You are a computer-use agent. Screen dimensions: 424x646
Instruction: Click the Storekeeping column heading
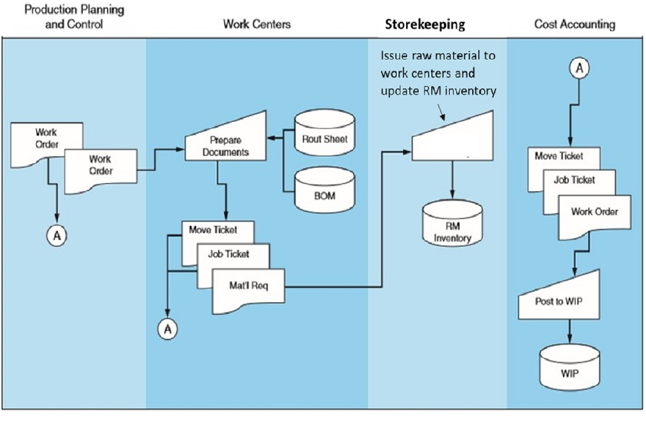[425, 24]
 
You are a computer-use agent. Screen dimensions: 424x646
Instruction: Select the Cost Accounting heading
[574, 24]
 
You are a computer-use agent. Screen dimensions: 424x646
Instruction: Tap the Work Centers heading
[257, 24]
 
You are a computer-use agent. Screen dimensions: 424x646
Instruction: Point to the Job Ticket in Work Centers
[229, 254]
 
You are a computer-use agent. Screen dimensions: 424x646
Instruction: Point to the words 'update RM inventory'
[439, 90]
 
